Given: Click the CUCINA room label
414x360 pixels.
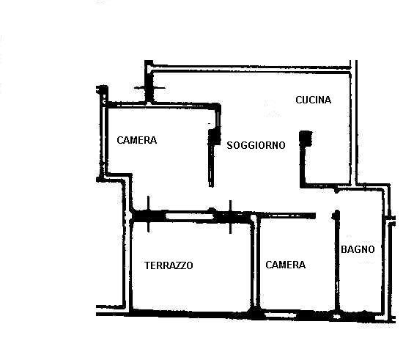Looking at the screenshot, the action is point(313,100).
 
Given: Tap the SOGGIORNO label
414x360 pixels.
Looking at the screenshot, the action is point(256,145).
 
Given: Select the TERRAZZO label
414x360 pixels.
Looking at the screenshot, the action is point(169,265).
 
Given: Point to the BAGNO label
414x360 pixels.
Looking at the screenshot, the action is point(358,249).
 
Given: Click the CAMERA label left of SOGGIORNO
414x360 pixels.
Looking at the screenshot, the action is point(137,140).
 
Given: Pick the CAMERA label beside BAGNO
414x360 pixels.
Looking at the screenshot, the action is point(286,265).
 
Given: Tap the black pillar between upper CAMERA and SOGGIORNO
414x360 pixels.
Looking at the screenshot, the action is point(215,136).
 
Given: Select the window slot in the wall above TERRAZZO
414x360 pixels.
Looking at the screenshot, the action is point(189,216).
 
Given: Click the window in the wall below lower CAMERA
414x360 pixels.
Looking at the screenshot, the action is point(281,315).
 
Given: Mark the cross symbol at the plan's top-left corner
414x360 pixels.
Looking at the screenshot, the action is point(149,88).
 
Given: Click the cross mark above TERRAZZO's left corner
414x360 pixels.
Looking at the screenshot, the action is point(148,214).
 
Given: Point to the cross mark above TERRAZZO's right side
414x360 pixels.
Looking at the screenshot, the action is point(231,217).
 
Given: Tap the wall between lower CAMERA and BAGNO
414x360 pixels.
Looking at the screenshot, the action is point(337,262).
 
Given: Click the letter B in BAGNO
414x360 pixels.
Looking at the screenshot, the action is point(344,249).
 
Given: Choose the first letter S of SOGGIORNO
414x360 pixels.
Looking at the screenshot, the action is point(229,145).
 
